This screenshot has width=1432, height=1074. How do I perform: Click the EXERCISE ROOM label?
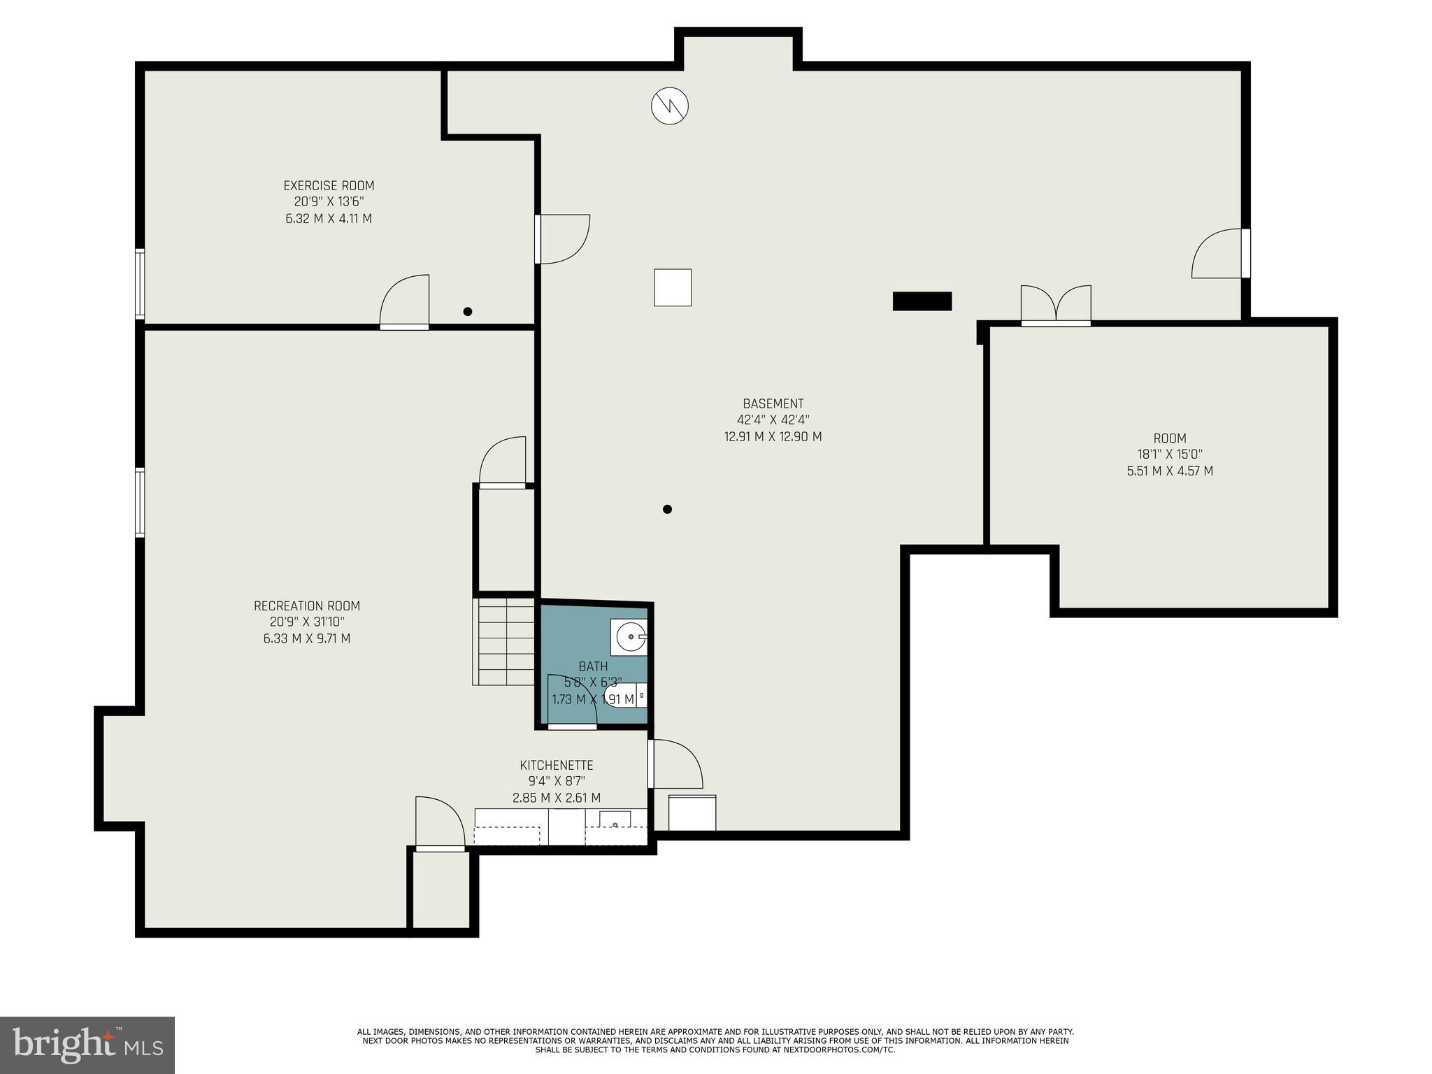(329, 186)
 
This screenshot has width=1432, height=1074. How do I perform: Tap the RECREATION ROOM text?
(307, 606)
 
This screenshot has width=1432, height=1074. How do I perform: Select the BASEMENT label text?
(773, 404)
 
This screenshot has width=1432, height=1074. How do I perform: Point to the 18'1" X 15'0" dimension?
(1169, 454)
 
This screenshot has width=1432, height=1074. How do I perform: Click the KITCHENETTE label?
(556, 766)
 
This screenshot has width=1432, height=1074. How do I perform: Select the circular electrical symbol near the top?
(670, 106)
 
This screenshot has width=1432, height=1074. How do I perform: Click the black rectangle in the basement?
(922, 301)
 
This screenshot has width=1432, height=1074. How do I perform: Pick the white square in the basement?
(673, 287)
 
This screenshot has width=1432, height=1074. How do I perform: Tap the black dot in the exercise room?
(468, 312)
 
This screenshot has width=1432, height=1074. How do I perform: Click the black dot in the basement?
(667, 509)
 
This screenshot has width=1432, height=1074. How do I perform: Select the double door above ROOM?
(1056, 306)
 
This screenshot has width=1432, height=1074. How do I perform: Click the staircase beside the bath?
(503, 641)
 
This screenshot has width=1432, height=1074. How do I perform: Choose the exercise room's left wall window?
(140, 285)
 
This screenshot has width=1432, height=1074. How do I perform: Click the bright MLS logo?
(87, 1045)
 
